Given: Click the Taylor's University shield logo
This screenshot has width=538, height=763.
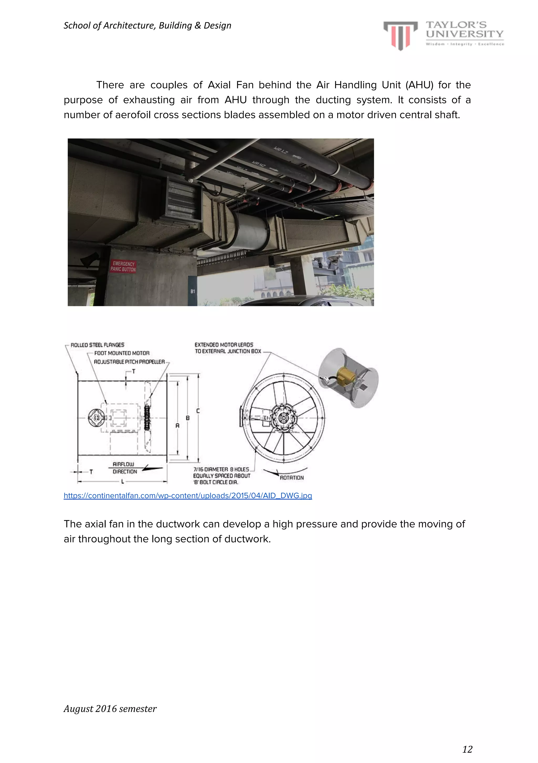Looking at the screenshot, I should tap(400, 35).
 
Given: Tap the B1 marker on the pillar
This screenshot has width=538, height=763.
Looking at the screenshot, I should tap(193, 292).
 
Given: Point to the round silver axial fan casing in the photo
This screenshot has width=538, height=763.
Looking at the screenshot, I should tap(250, 230).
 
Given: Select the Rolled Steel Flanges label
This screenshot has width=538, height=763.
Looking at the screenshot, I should tap(97, 345).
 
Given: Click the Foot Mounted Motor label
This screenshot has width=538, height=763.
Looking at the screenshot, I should tap(122, 353).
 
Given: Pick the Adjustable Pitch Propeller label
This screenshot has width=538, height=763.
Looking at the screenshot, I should tap(129, 362).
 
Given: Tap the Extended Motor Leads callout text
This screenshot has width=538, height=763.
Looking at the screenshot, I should tap(228, 348).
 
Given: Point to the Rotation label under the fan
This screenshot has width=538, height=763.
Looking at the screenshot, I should tap(292, 478).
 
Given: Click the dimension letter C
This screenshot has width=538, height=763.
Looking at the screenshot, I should tap(198, 411).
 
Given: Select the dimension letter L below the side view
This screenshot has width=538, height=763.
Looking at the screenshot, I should tap(122, 481).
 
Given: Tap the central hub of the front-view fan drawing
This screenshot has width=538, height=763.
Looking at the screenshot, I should tap(283, 418).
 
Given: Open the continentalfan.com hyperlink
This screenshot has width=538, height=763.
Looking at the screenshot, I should tap(188, 495).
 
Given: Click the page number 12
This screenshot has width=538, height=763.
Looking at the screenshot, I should tap(467, 749).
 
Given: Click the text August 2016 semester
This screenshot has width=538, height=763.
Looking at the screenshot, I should tap(110, 709).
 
